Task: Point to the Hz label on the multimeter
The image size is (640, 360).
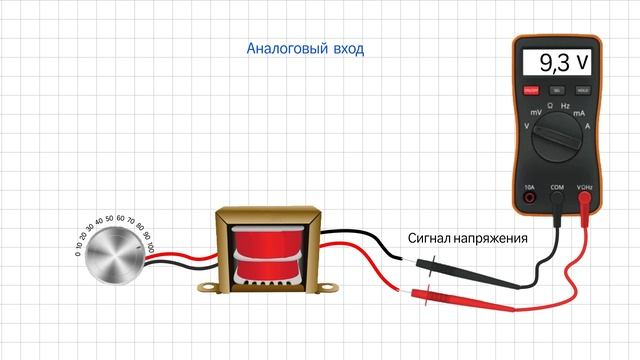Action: coord(566,105)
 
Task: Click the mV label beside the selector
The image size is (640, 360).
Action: coord(535,113)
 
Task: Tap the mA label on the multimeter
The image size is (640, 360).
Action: coord(579,113)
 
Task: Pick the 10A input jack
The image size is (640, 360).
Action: coord(530,198)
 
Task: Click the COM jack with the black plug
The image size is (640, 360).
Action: coord(557,198)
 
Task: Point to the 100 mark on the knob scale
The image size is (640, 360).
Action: coord(150,246)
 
